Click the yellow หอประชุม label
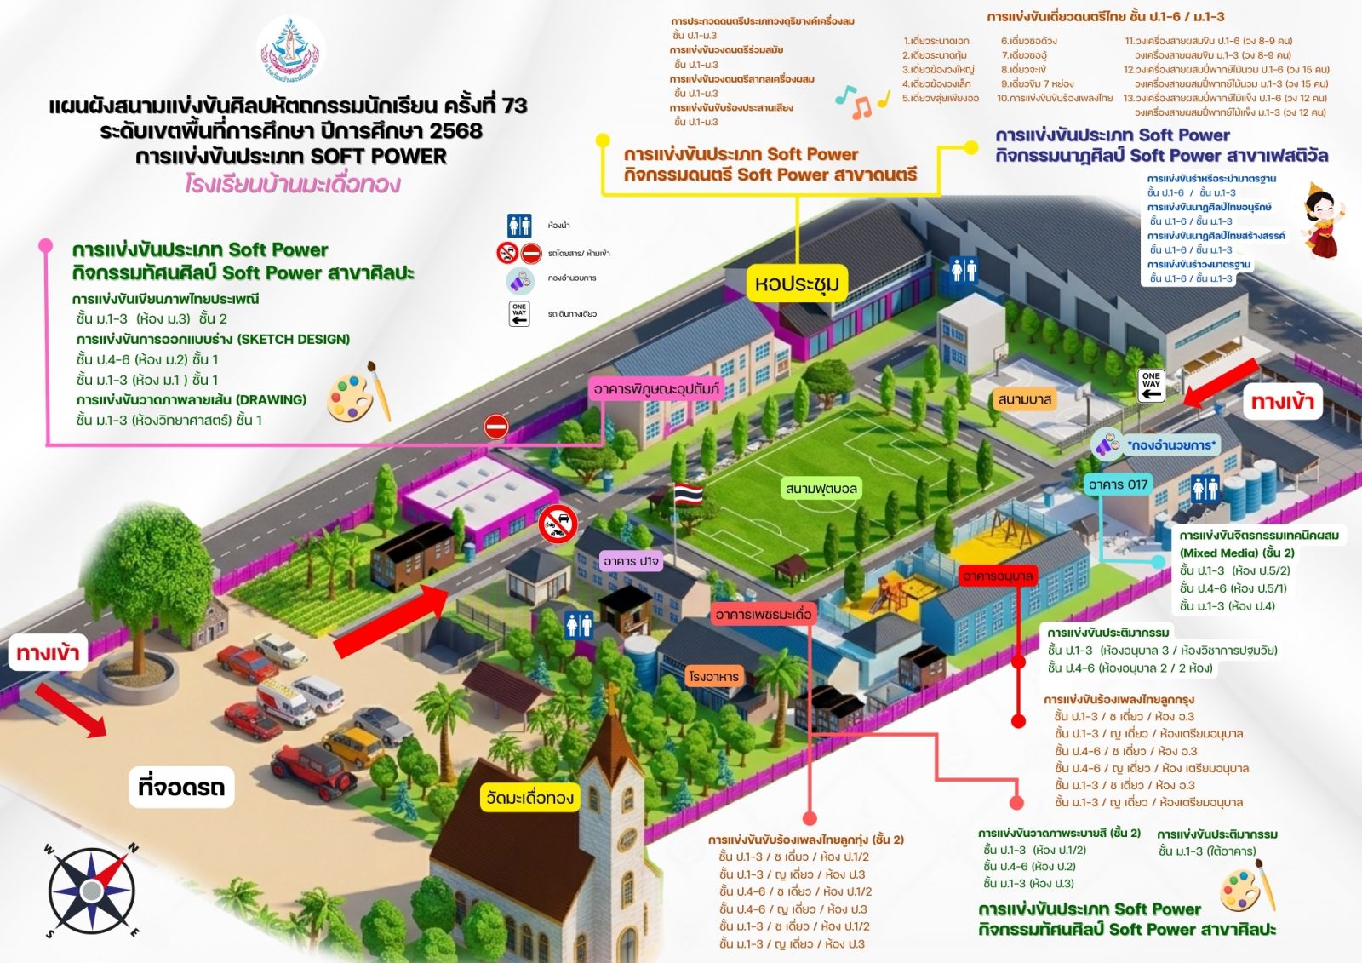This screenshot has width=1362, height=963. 797,284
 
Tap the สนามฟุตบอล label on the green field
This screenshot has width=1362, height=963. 821,488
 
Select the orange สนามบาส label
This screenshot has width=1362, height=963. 1025,399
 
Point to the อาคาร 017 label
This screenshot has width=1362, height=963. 1118,484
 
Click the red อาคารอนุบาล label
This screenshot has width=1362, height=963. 998,576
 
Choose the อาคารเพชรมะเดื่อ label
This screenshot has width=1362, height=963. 764,614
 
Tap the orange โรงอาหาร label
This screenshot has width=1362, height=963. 714,676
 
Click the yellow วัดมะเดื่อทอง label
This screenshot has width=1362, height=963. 529,798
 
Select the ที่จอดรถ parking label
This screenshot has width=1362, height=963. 181,787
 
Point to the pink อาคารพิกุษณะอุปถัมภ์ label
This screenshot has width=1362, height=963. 656,389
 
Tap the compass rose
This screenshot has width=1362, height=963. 91,891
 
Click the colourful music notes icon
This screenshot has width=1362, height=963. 861,100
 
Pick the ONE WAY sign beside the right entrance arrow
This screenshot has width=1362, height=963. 1151,385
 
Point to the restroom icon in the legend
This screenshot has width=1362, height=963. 519,226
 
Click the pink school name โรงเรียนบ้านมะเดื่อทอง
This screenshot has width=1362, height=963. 292,184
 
